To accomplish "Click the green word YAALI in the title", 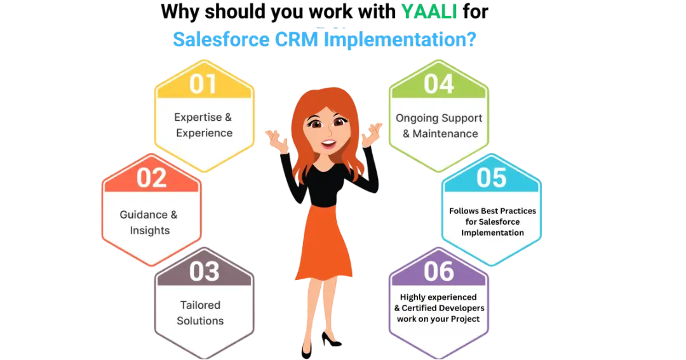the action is point(429,11).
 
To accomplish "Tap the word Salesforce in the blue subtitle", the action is point(221,39).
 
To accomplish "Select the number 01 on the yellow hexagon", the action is point(203,84).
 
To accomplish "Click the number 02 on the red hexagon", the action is point(151,178).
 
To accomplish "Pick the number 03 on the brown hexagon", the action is point(205,271).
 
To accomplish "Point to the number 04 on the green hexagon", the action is point(439,84).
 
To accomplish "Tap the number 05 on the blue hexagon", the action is point(491,178).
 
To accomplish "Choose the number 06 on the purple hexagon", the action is point(439,271).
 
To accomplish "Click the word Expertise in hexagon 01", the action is point(198,117).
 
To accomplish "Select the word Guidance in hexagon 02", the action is point(144,215).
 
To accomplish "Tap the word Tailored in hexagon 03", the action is point(200,305).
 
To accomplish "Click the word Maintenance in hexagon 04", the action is point(445,134).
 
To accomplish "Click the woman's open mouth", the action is point(329,143).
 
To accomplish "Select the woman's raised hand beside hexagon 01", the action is point(277,140).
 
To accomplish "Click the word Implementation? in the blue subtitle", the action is point(400,39).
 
